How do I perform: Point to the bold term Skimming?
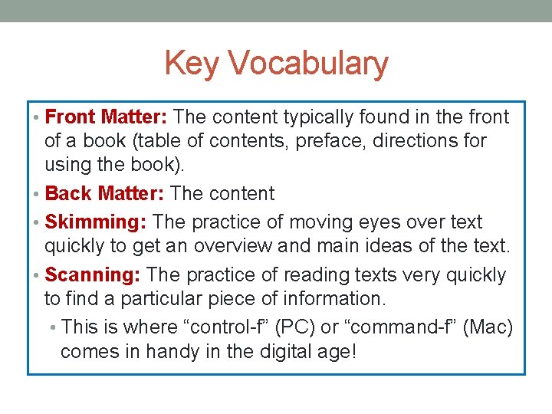point(96,222)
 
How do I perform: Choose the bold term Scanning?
point(94,275)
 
